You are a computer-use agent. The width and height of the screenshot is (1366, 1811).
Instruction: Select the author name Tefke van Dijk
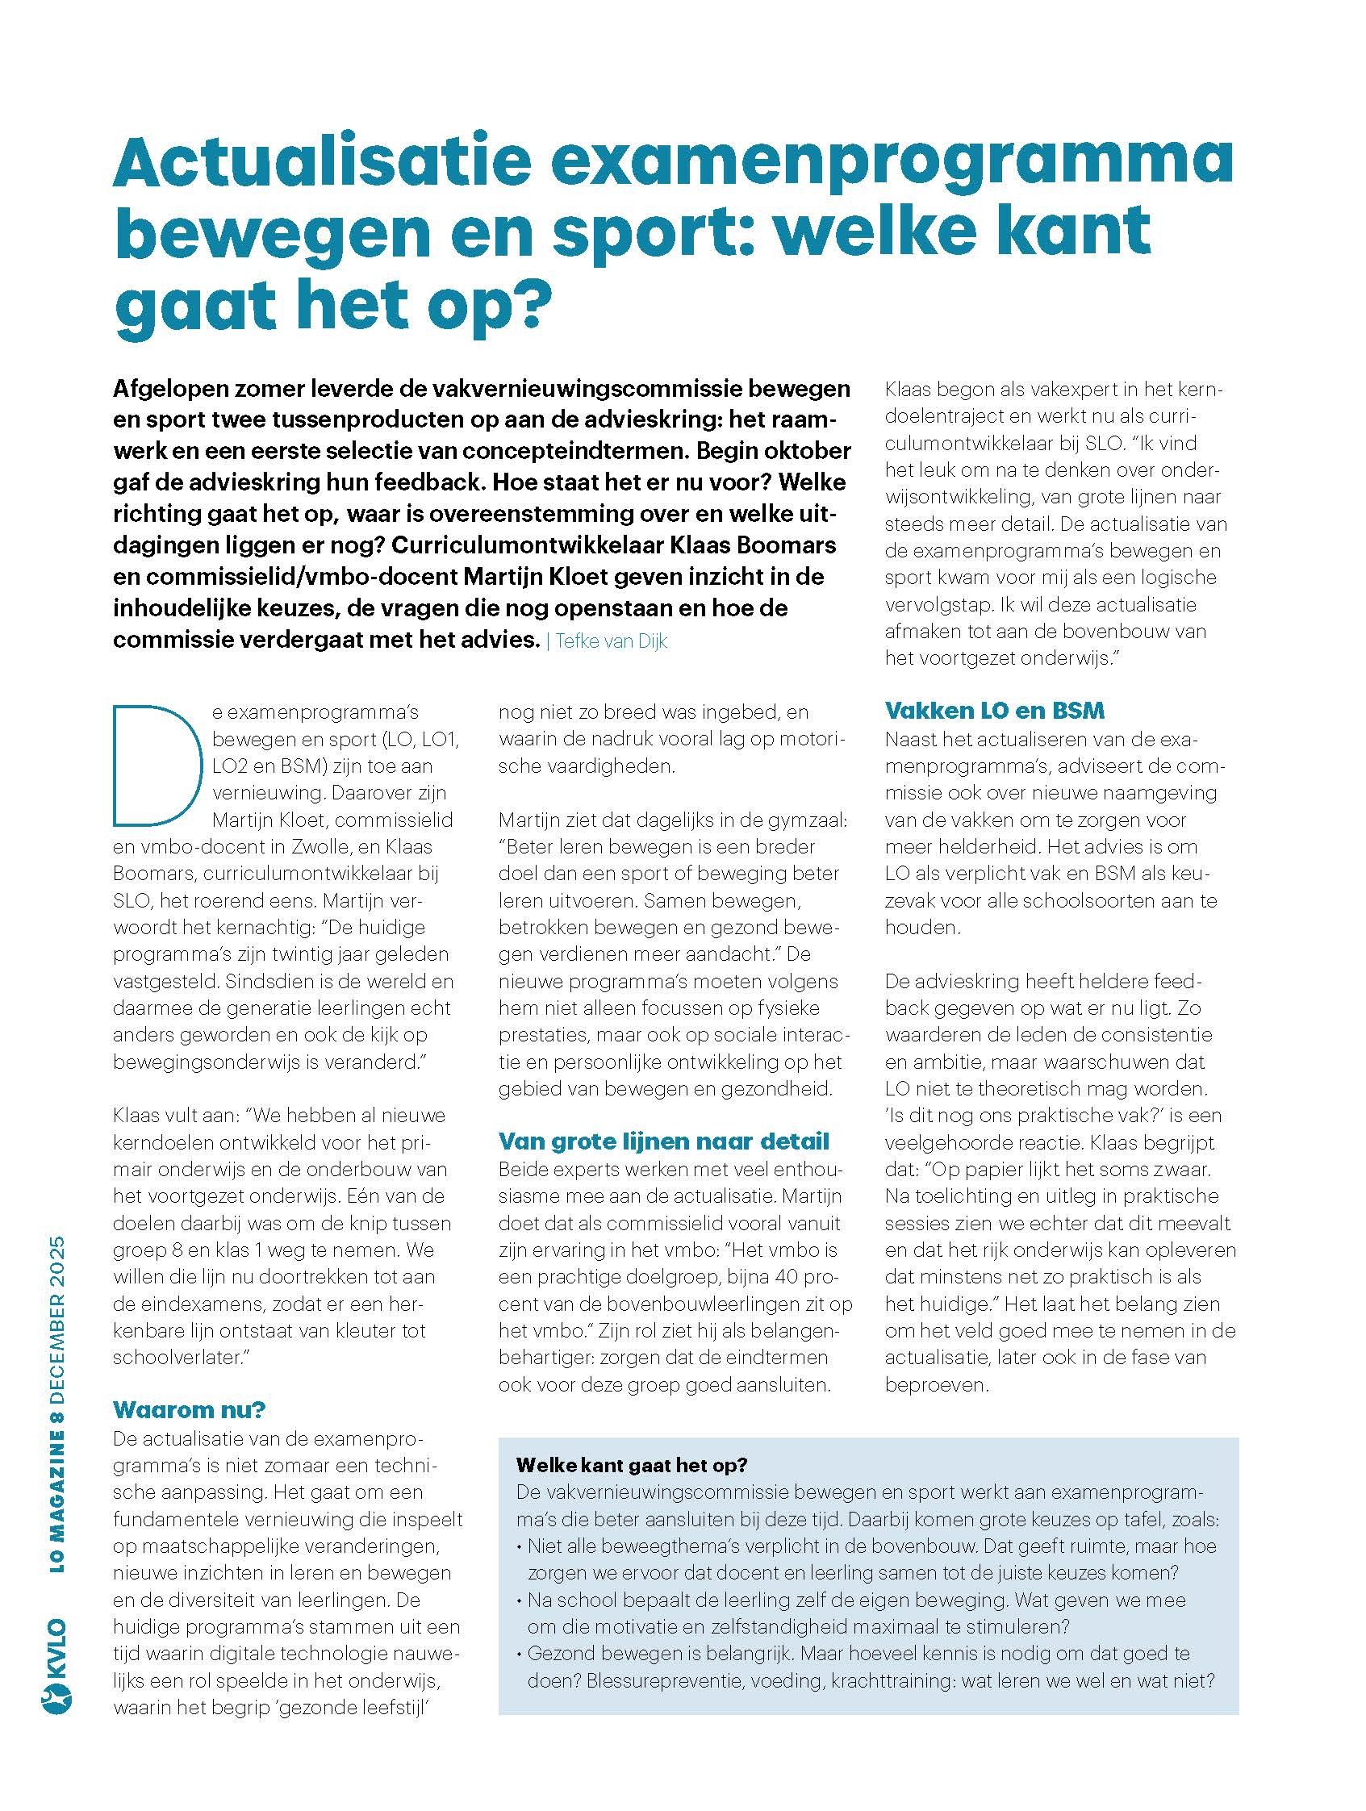click(611, 641)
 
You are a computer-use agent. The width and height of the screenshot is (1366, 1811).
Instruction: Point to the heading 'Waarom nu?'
click(190, 1409)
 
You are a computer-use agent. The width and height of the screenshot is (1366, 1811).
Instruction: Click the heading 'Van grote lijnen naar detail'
click(664, 1141)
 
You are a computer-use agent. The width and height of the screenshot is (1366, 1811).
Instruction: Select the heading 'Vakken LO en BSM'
click(994, 710)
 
